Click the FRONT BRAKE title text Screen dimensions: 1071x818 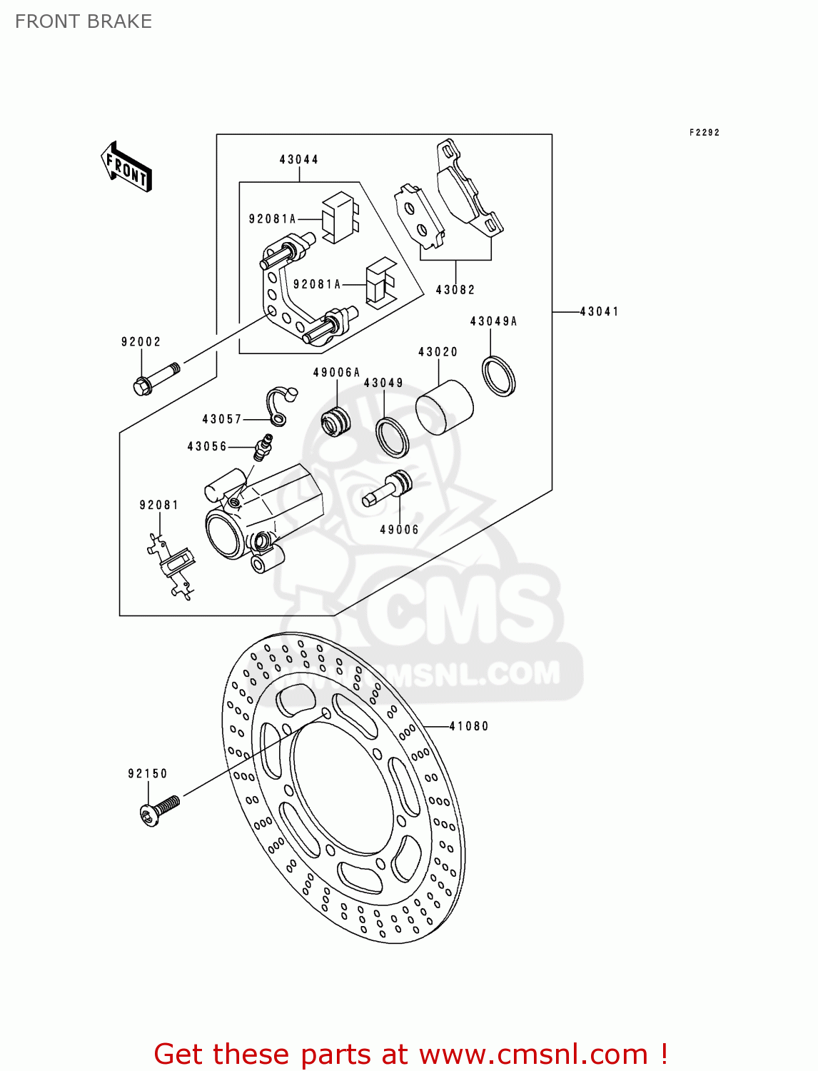click(84, 21)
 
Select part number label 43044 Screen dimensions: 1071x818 click(298, 160)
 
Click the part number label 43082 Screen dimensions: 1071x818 click(455, 290)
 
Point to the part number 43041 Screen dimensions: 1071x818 click(599, 312)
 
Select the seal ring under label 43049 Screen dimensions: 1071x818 click(392, 437)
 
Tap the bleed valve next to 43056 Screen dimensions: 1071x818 click(263, 447)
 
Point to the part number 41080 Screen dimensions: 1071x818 click(469, 727)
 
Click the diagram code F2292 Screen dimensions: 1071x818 click(705, 133)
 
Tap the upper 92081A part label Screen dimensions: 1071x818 click(272, 219)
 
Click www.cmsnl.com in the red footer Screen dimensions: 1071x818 click(532, 1055)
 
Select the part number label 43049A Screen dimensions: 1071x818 click(493, 322)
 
